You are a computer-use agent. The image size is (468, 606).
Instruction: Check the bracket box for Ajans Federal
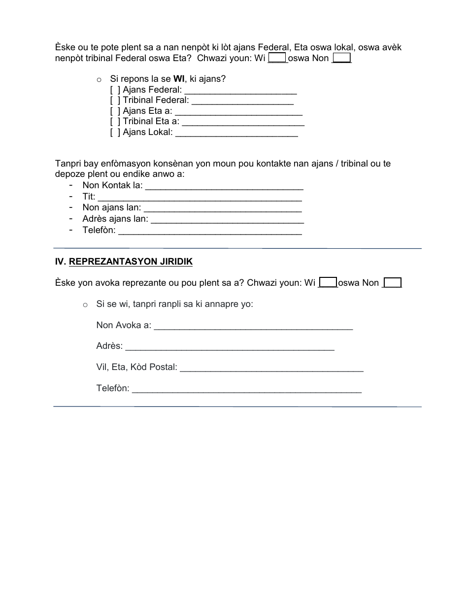pos(115,90)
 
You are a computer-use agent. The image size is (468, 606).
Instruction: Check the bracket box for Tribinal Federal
pos(115,101)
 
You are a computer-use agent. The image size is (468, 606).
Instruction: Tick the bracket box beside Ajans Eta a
pos(115,111)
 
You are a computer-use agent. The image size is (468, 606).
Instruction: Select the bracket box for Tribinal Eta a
pos(115,121)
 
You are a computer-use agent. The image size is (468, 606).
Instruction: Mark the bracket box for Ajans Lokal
pos(115,132)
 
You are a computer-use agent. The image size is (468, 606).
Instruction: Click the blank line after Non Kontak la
pos(224,187)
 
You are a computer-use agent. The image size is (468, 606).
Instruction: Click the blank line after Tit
pos(200,197)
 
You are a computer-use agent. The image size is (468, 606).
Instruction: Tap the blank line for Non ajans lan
pos(222,208)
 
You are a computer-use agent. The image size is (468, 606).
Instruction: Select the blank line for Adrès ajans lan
pos(227,219)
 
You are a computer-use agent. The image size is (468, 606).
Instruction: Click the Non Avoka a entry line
pos(253,326)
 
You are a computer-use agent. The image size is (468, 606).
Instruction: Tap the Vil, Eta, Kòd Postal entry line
pos(271,368)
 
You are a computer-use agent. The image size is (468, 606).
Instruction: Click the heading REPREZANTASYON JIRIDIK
pos(131,262)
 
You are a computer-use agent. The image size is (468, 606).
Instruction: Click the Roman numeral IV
pos(60,262)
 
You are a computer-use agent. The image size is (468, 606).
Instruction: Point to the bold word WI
pos(178,79)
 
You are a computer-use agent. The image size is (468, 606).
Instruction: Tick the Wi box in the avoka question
pos(328,282)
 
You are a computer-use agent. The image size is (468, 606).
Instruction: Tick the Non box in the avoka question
pos(393,282)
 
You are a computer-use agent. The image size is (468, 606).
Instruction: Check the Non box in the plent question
pos(342,58)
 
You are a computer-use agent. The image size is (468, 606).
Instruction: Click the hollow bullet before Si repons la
pos(99,79)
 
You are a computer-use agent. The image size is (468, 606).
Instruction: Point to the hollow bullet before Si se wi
pos(85,304)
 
